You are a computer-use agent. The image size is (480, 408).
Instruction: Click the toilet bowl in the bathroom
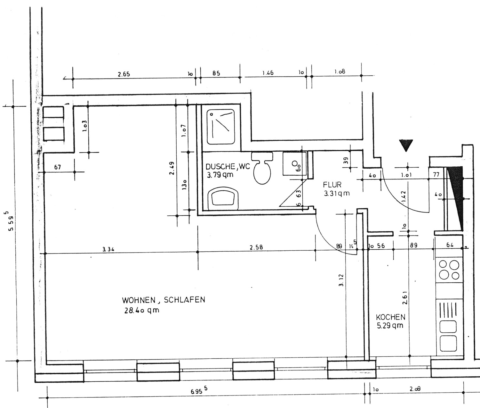coord(262,171)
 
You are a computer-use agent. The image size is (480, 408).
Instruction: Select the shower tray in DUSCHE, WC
coord(221,126)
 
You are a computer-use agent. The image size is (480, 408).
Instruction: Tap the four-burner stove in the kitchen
coord(449,270)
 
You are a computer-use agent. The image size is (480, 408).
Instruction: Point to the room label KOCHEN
coord(390,317)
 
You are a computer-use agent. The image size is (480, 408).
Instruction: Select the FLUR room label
coord(332,185)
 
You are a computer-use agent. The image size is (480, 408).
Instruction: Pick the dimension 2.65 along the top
coord(124,74)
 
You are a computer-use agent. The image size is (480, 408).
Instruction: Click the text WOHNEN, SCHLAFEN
coord(163,300)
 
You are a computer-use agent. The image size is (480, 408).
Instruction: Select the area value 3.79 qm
coord(220,175)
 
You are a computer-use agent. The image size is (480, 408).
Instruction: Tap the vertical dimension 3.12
coord(341,280)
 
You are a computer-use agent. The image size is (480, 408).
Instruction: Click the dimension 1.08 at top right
coord(340,72)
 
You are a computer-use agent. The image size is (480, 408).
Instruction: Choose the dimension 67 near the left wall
coord(58,167)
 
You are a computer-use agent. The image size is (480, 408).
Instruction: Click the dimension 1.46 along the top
coord(268,73)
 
